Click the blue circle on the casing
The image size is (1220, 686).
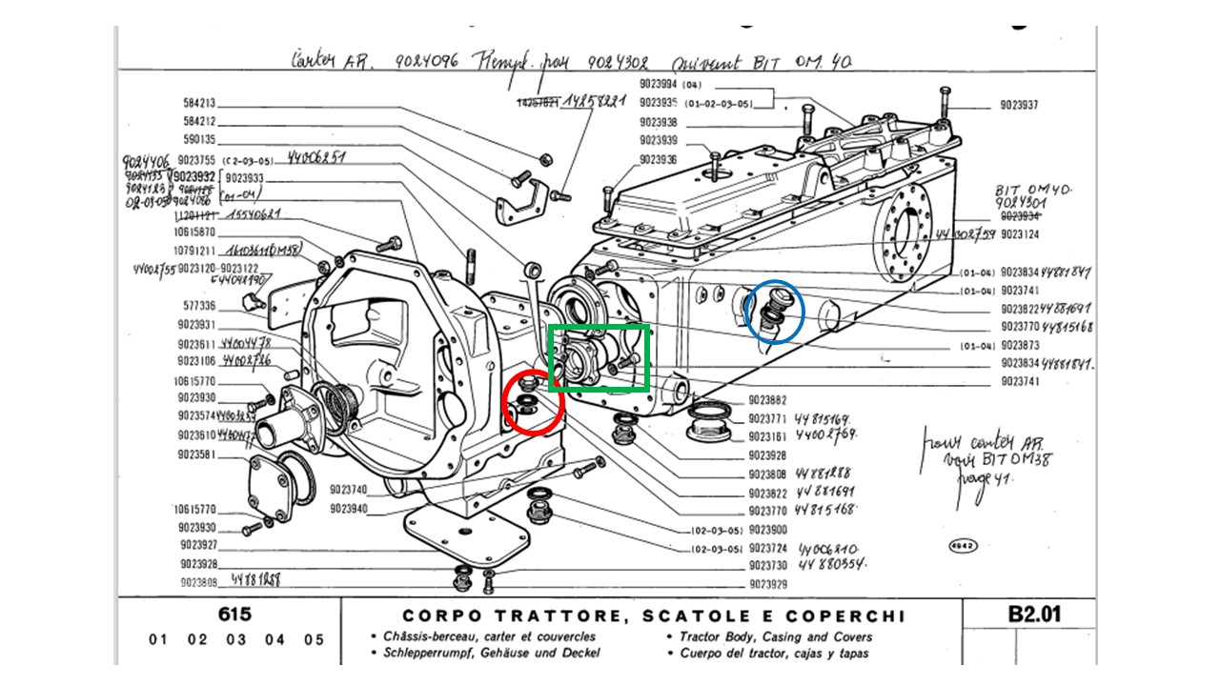click(x=775, y=311)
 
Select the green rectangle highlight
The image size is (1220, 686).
click(x=600, y=357)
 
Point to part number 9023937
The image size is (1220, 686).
click(x=1020, y=105)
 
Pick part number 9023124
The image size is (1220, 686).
click(x=1020, y=234)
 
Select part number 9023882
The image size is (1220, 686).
click(x=767, y=400)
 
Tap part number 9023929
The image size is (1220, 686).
click(x=767, y=585)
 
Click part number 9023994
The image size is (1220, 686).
click(x=658, y=86)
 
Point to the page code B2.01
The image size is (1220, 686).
click(x=1034, y=615)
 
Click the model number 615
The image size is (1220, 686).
click(x=234, y=615)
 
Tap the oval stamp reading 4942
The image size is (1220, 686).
click(x=963, y=546)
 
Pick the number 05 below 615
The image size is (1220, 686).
click(x=314, y=639)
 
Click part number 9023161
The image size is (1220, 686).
click(x=767, y=436)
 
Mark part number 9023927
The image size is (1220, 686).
click(x=198, y=546)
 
